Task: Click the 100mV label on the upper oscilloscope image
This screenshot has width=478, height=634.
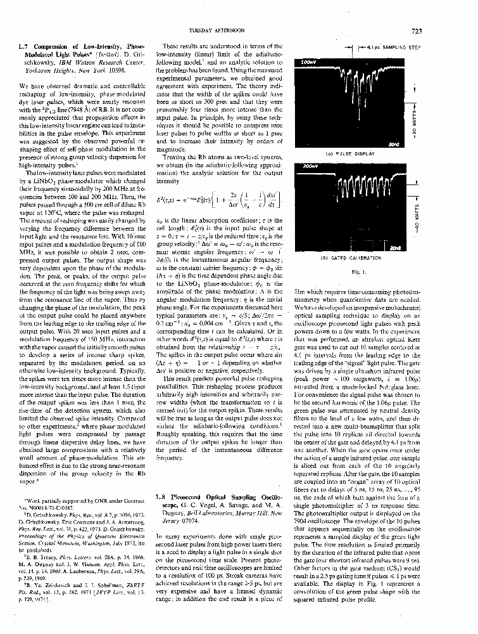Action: pyautogui.click(x=308, y=63)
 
